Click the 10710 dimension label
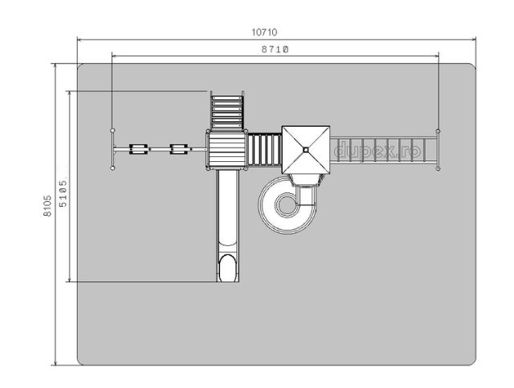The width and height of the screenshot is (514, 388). pyautogui.click(x=264, y=32)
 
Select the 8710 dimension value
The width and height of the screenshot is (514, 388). pyautogui.click(x=275, y=50)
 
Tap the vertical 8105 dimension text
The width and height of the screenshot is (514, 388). pyautogui.click(x=47, y=206)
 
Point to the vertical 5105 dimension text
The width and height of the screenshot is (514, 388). pyautogui.click(x=63, y=193)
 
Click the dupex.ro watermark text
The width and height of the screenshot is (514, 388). pyautogui.click(x=377, y=150)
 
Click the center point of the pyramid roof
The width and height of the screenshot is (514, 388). pyautogui.click(x=306, y=150)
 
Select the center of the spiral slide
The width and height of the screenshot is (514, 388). pyautogui.click(x=287, y=205)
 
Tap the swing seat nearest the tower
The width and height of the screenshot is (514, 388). pyautogui.click(x=178, y=149)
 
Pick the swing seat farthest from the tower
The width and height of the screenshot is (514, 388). pyautogui.click(x=139, y=149)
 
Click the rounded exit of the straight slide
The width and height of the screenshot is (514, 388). pyautogui.click(x=227, y=268)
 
